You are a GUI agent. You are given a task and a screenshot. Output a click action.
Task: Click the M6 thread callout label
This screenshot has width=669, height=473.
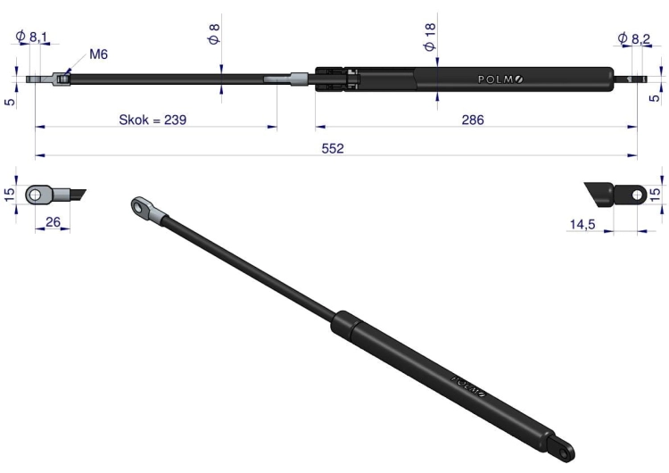[x=98, y=54]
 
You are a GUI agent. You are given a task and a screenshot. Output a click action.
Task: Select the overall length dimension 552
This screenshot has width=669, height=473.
[x=333, y=148]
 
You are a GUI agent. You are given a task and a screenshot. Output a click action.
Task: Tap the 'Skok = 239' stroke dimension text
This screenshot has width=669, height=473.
[x=153, y=120]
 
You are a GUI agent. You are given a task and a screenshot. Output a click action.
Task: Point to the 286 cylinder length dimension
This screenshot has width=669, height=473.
[x=473, y=120]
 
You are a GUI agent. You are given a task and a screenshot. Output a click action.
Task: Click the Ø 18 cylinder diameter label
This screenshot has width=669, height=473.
[x=430, y=37]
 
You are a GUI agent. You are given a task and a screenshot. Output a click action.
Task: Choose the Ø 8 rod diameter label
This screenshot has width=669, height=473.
[x=214, y=34]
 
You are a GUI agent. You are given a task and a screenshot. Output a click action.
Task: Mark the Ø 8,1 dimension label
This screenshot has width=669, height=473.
[x=31, y=37]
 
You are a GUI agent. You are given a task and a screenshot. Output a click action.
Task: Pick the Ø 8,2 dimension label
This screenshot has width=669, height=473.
[x=634, y=39]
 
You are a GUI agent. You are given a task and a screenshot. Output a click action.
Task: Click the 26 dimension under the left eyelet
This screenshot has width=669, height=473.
[x=53, y=222]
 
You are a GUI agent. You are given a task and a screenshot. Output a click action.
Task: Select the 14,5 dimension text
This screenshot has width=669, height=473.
[x=582, y=224]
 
